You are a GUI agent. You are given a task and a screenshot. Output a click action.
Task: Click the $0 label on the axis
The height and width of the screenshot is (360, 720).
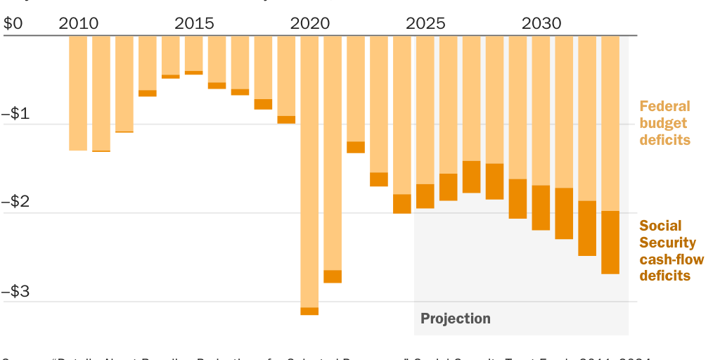coord(13,23)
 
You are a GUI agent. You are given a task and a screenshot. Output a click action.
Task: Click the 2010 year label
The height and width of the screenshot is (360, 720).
coord(78,23)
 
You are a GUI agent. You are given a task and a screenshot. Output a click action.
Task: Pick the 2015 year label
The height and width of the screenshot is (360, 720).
coord(194,23)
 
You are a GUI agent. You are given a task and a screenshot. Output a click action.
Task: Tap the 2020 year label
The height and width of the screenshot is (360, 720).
coord(309,23)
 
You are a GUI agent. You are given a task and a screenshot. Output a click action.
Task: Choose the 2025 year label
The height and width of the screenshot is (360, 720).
coord(425,23)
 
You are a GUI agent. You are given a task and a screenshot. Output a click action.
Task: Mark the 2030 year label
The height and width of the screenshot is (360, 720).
coord(541,23)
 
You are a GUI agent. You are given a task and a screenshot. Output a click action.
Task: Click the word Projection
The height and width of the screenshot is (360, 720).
coord(456,319)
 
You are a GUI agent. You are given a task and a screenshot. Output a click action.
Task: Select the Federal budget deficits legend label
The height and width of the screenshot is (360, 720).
coord(664,123)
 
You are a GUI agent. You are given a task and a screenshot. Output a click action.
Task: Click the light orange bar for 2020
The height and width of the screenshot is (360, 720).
coord(309,169)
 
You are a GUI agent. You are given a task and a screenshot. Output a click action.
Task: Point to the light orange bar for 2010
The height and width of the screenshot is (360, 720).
coord(78,91)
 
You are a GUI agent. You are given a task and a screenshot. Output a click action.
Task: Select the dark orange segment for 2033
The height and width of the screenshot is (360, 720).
coord(610,242)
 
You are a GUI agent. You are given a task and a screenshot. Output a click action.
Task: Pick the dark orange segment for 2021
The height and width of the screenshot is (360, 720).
coord(333,276)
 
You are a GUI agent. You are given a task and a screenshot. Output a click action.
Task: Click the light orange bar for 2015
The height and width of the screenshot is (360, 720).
coord(194,53)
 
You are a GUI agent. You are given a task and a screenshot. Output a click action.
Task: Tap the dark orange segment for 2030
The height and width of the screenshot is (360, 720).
coord(541,207)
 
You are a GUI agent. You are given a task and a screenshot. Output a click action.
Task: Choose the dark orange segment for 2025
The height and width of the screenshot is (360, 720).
coord(425,196)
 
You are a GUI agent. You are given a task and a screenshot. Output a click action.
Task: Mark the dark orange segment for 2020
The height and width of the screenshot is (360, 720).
coord(309,311)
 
